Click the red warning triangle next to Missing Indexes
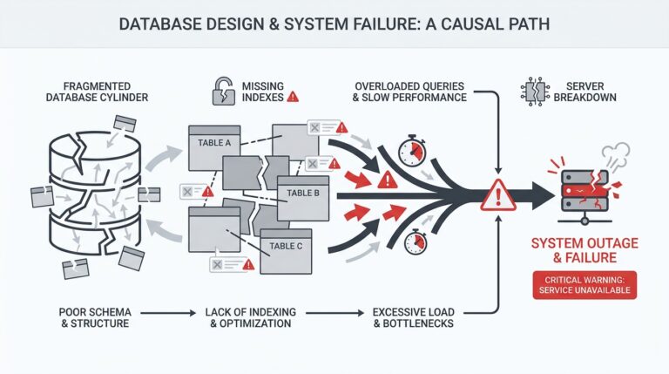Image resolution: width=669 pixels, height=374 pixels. [293, 98]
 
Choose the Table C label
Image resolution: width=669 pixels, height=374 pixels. [286, 246]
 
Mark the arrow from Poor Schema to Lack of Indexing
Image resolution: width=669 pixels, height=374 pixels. [167, 310]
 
